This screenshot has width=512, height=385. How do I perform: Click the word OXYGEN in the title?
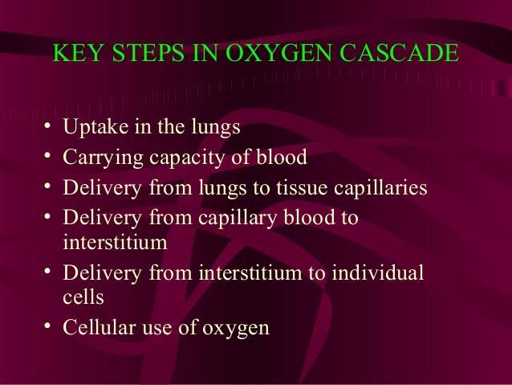point(278,52)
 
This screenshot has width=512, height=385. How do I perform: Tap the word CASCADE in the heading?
point(399,52)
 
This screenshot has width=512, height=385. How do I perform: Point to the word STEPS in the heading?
point(148,52)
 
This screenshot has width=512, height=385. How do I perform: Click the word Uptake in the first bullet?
point(95,127)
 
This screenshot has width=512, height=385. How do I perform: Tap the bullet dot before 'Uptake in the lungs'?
point(47,125)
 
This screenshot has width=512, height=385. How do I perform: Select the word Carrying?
point(103,158)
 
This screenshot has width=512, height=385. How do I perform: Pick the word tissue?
point(302,187)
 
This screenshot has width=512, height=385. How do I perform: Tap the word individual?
point(378,272)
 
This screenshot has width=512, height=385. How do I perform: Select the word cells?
point(83,297)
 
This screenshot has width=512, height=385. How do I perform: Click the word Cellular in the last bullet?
point(99,327)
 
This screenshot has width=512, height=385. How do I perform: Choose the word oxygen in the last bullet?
point(236,329)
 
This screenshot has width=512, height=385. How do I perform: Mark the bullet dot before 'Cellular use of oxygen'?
point(47,326)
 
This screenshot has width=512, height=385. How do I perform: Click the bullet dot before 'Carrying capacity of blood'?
point(47,155)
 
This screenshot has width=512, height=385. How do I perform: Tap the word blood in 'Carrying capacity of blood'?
point(282,157)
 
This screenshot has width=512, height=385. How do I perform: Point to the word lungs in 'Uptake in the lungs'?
point(216,128)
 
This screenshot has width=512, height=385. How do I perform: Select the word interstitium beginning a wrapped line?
point(115,243)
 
